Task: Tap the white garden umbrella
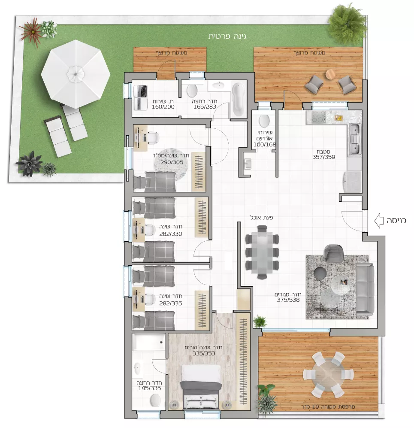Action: coord(76,74)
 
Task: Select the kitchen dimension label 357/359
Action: coord(324,157)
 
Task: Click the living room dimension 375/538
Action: coord(288,300)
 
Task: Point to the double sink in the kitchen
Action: coord(354,139)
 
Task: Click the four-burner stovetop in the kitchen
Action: coord(319,117)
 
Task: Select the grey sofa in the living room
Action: coord(365,288)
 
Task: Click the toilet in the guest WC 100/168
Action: coord(264,121)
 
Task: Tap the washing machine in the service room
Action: coord(140,91)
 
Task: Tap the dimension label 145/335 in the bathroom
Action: coord(149,388)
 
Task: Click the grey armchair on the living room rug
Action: coord(333,252)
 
